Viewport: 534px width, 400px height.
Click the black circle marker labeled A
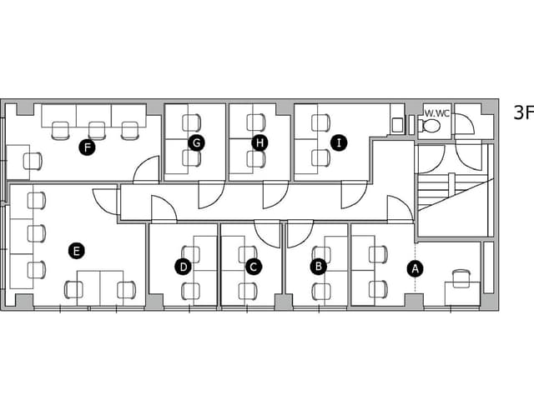tap(416, 269)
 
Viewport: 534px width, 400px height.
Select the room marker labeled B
tap(319, 266)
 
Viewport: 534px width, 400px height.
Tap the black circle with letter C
tap(254, 267)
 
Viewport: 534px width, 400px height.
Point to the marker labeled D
tap(184, 267)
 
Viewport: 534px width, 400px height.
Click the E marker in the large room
tap(77, 251)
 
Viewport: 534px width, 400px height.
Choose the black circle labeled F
tap(87, 147)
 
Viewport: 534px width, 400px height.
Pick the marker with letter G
tap(197, 143)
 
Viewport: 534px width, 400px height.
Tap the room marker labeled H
tap(259, 142)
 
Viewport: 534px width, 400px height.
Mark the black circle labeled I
tap(339, 142)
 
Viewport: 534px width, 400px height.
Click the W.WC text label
tap(437, 113)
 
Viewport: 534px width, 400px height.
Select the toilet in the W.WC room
tap(431, 126)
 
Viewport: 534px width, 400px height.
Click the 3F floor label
tap(523, 112)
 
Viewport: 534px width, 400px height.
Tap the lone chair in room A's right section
tap(461, 278)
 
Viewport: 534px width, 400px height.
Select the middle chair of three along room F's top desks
tap(97, 131)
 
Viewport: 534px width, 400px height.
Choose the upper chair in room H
tap(256, 122)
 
